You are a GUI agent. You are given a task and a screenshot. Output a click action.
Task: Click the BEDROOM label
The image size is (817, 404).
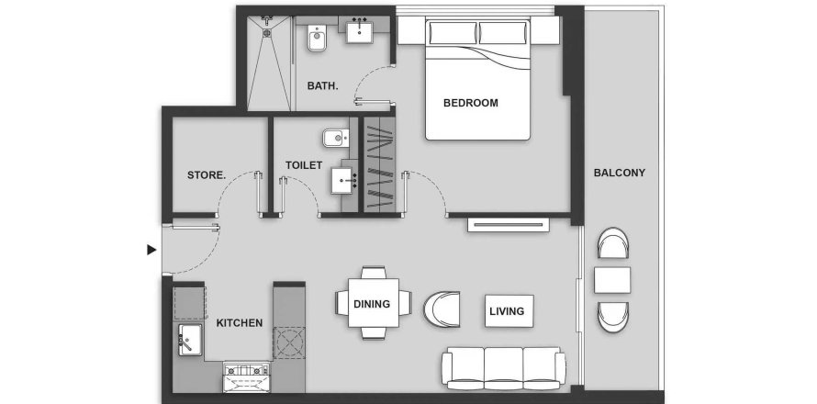(x=471, y=103)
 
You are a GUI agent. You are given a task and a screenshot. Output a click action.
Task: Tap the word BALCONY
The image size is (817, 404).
(x=619, y=173)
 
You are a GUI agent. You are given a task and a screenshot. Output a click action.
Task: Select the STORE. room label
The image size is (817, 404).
(x=207, y=175)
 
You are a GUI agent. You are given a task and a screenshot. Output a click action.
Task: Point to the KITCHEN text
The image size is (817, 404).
(x=240, y=323)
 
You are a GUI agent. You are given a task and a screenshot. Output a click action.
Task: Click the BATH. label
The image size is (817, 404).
(x=322, y=86)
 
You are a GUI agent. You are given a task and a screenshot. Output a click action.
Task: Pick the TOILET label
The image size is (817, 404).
(x=304, y=165)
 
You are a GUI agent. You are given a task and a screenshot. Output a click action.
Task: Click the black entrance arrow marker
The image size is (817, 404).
(x=151, y=251)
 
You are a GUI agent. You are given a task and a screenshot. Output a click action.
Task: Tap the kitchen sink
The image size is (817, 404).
(x=190, y=340)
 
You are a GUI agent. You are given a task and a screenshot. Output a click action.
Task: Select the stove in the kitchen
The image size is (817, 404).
(x=246, y=376)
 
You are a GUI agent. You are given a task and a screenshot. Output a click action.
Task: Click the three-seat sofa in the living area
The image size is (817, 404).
(x=503, y=368)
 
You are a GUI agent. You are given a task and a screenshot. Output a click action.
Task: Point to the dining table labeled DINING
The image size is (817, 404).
(x=373, y=303)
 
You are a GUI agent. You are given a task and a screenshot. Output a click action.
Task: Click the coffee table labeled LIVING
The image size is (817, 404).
(x=509, y=311)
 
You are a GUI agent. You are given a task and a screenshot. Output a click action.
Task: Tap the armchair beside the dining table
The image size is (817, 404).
(x=442, y=309)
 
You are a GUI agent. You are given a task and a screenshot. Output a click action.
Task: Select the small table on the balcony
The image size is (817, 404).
(x=612, y=280)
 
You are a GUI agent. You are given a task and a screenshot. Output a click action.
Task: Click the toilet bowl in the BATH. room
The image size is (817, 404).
(x=317, y=38)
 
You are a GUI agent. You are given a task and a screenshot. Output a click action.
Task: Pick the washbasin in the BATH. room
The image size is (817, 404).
(x=360, y=30)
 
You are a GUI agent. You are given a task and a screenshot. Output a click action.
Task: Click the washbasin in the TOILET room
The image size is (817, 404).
(x=342, y=181)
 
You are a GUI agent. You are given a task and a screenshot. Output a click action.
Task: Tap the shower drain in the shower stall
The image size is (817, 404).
(x=267, y=33)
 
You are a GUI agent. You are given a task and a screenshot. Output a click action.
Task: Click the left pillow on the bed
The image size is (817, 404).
(x=453, y=33)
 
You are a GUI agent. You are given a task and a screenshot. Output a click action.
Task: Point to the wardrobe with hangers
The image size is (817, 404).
(x=379, y=164)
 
